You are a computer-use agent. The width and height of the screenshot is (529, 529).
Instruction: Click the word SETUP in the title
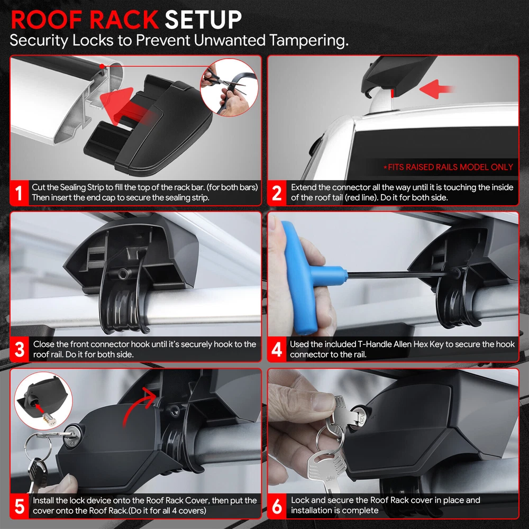[203, 20]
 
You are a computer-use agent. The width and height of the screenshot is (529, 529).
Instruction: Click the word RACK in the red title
[124, 20]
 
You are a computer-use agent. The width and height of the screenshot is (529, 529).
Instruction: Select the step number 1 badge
[19, 193]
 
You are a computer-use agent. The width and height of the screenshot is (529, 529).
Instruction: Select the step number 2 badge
[276, 193]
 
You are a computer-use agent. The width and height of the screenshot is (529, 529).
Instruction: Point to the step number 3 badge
[19, 349]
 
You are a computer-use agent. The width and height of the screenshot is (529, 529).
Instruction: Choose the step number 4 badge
[276, 349]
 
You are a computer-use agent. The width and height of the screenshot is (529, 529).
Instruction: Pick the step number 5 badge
[19, 506]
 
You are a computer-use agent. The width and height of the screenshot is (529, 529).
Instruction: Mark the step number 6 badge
[276, 506]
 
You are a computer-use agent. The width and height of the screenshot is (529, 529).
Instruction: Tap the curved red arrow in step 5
[138, 405]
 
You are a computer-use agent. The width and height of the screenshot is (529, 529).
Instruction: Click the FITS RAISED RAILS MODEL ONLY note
[448, 167]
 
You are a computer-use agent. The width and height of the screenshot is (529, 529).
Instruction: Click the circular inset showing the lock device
[43, 401]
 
